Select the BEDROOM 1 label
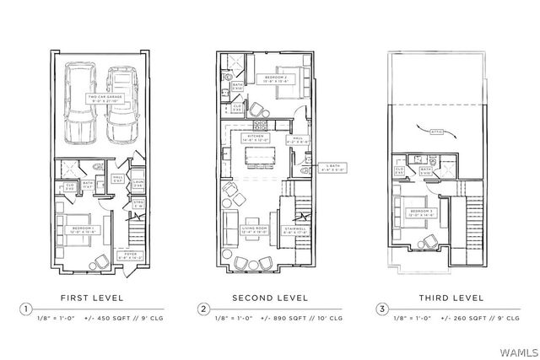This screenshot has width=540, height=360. point(82,227)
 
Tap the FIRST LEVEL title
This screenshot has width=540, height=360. point(92,298)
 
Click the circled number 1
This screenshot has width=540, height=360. point(28,309)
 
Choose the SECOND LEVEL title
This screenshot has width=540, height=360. point(270,298)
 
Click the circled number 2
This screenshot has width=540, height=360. point(204,309)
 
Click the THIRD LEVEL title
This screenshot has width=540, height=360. point(451,298)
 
